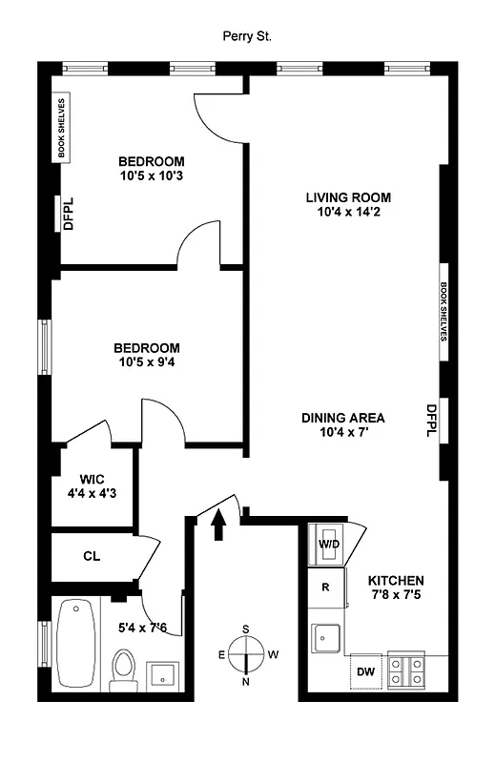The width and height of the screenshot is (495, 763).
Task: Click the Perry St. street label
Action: click(246, 36)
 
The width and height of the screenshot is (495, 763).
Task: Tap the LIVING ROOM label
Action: click(348, 198)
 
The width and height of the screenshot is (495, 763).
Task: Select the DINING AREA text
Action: click(342, 418)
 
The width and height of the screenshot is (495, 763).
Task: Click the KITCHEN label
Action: click(396, 581)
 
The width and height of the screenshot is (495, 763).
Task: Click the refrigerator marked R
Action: click(325, 587)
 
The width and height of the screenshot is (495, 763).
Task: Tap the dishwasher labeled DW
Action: click(366, 670)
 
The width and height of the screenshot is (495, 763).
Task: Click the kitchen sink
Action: click(327, 635)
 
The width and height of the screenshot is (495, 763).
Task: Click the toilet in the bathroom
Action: click(123, 670)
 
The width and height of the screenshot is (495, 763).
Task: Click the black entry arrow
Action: click(218, 524)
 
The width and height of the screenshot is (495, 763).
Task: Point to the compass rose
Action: click(246, 655)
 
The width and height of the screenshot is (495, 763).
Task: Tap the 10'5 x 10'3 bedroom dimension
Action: click(152, 176)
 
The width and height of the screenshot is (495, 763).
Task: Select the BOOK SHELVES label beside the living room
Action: click(443, 311)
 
